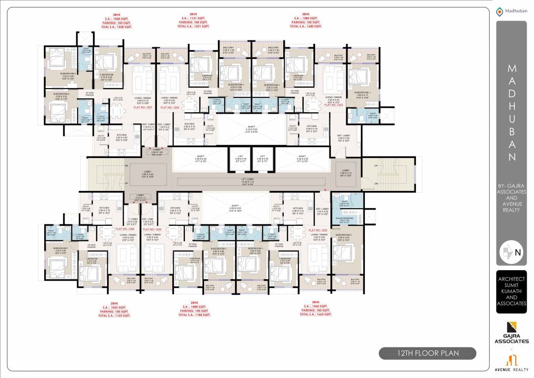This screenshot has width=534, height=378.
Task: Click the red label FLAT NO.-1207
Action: (143, 107)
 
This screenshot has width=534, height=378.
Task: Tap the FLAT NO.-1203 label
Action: (333, 104)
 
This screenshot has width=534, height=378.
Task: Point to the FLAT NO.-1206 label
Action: (125, 229)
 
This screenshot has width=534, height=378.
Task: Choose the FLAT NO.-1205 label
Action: (152, 229)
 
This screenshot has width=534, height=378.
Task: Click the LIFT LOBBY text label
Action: (255, 181)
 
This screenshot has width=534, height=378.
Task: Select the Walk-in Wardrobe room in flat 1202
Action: (346, 219)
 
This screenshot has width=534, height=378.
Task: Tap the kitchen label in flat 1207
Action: (121, 136)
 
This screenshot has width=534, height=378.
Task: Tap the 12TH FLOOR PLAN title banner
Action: (427, 353)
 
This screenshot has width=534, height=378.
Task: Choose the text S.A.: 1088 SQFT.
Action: (195, 307)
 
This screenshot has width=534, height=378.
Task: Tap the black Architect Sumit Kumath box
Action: (511, 291)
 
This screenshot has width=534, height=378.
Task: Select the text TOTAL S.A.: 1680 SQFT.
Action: (306, 26)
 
